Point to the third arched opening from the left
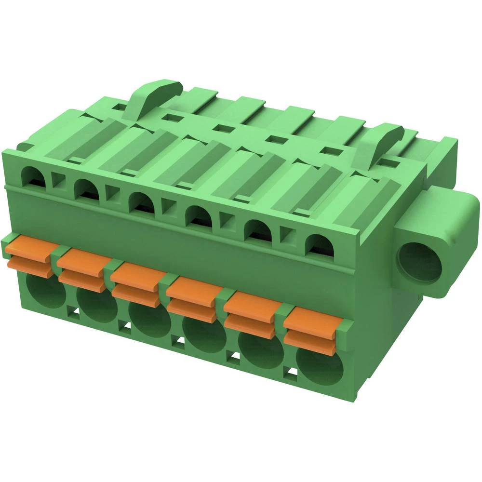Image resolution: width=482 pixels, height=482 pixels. (142, 202)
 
